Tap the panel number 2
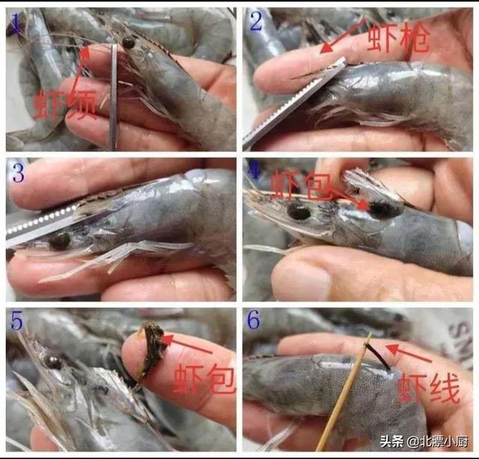tap(256, 22)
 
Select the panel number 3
tap(17, 173)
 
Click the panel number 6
tap(254, 320)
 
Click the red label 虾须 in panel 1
tap(65, 105)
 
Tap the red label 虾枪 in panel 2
tap(398, 37)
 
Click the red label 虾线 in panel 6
tap(427, 388)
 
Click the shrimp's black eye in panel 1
tap(129, 43)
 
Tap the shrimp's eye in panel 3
tap(60, 240)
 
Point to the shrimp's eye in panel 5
tap(52, 362)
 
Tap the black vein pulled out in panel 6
tap(379, 356)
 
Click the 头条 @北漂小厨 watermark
tap(424, 442)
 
